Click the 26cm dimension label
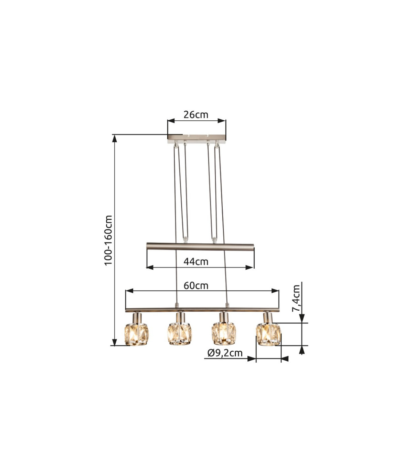click(x=195, y=115)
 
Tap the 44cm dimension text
click(x=196, y=262)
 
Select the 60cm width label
click(x=196, y=286)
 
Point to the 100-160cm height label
click(x=108, y=240)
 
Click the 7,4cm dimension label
click(x=296, y=299)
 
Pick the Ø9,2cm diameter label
click(x=225, y=353)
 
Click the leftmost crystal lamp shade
click(x=136, y=335)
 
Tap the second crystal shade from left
click(x=180, y=334)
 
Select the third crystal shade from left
click(x=224, y=334)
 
